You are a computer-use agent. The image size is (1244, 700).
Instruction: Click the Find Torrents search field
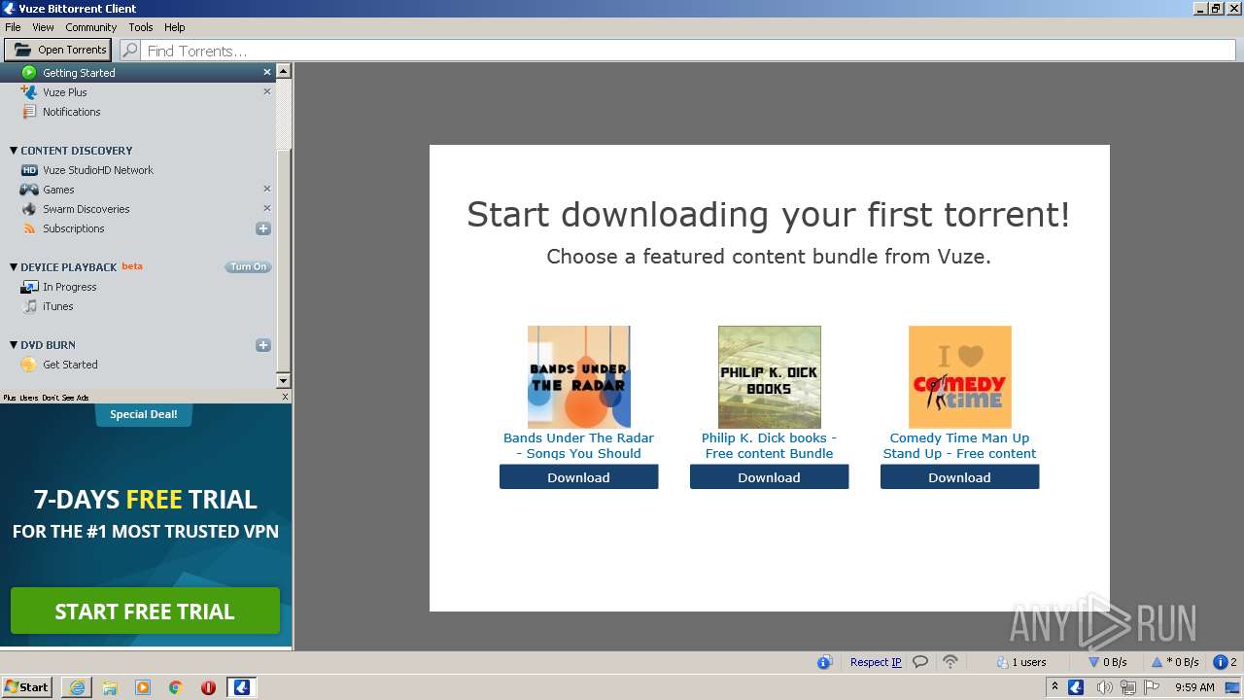click(x=680, y=51)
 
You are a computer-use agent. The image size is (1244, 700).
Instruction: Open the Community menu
click(x=91, y=27)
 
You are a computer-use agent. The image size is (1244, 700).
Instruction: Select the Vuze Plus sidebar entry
click(x=64, y=92)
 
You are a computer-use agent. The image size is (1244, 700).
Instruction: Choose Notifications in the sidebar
click(x=71, y=112)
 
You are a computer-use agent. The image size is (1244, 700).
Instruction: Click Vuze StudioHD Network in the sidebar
click(x=97, y=170)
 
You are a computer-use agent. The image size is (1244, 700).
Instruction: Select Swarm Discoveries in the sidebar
click(x=86, y=209)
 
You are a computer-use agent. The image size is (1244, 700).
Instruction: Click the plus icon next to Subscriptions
click(x=262, y=228)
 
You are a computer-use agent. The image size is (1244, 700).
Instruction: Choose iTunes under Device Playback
click(x=57, y=306)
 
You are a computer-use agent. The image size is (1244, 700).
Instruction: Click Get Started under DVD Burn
click(x=70, y=365)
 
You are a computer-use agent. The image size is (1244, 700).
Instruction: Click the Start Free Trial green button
click(x=145, y=612)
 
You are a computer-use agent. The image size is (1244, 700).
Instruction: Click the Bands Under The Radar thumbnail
click(x=578, y=377)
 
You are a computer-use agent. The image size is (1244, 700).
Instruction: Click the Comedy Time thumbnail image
click(x=959, y=377)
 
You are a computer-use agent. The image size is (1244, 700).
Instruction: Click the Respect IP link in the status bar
click(x=876, y=662)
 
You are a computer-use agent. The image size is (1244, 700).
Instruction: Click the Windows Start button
click(x=27, y=687)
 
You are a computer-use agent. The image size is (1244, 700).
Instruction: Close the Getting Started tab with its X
click(x=267, y=73)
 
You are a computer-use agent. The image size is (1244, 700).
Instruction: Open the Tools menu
click(x=141, y=27)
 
